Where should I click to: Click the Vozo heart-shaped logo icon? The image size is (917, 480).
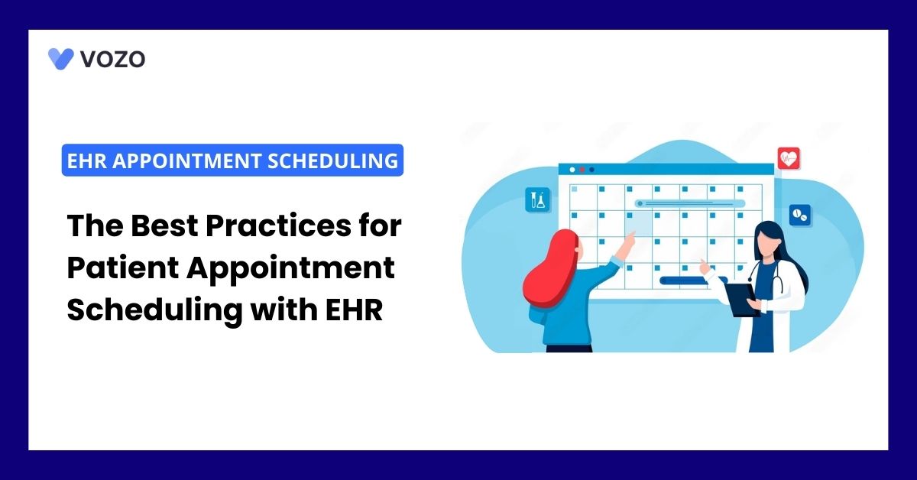pyautogui.click(x=60, y=59)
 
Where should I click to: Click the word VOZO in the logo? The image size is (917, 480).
pyautogui.click(x=113, y=59)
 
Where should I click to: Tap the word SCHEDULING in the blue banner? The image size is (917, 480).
pyautogui.click(x=333, y=161)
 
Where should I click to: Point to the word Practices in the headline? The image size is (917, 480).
pyautogui.click(x=278, y=225)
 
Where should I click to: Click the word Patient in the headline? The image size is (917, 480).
pyautogui.click(x=123, y=268)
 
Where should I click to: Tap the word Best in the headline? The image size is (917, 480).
pyautogui.click(x=164, y=225)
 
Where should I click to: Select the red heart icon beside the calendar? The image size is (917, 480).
pyautogui.click(x=789, y=158)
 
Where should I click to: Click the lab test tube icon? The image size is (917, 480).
pyautogui.click(x=537, y=199)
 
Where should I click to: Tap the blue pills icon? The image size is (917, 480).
pyautogui.click(x=799, y=215)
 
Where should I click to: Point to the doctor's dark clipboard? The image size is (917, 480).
pyautogui.click(x=741, y=300)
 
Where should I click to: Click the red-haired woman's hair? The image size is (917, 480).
pyautogui.click(x=549, y=271)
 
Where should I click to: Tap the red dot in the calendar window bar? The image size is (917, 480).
pyautogui.click(x=582, y=170)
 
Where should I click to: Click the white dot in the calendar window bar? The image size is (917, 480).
pyautogui.click(x=572, y=170)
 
